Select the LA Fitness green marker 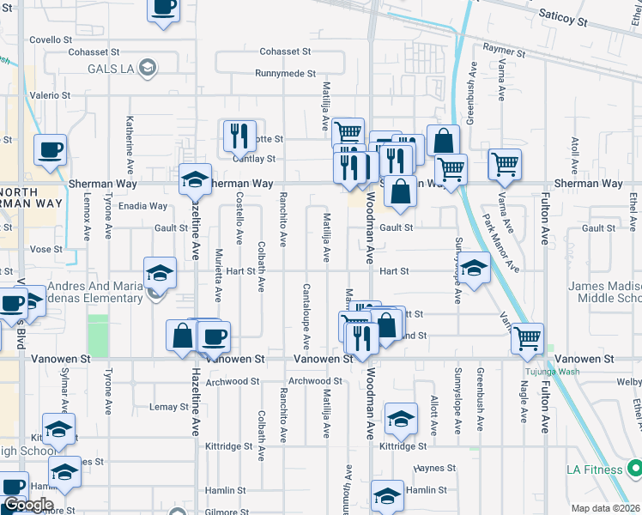[634, 468]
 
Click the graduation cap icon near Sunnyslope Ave [474, 268]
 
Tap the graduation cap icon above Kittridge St [400, 418]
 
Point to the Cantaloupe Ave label [305, 316]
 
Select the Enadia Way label [143, 206]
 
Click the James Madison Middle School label [603, 292]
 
